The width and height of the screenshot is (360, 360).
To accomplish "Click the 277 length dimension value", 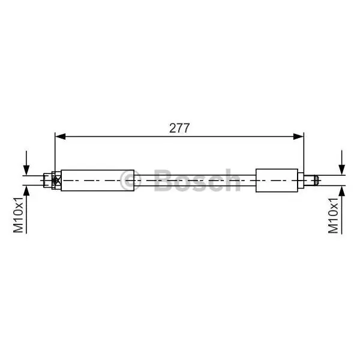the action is pos(179,128).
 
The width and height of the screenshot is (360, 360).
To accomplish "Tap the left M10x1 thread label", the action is pos(18,215).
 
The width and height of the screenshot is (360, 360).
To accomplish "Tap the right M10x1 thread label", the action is pos(334,215).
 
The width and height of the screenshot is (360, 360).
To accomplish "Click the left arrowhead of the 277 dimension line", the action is pos(61,137).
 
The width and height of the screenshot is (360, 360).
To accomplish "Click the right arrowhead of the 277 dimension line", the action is pos(298,137).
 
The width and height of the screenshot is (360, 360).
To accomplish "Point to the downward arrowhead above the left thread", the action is pos(26,170).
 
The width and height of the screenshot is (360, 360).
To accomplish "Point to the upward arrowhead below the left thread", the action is pos(26,191).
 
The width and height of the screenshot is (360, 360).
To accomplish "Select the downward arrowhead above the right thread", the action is pos(342,170).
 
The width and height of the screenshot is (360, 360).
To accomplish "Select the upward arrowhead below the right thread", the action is pos(342,191).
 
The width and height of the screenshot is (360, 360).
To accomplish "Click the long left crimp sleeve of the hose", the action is pos(98,181).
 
